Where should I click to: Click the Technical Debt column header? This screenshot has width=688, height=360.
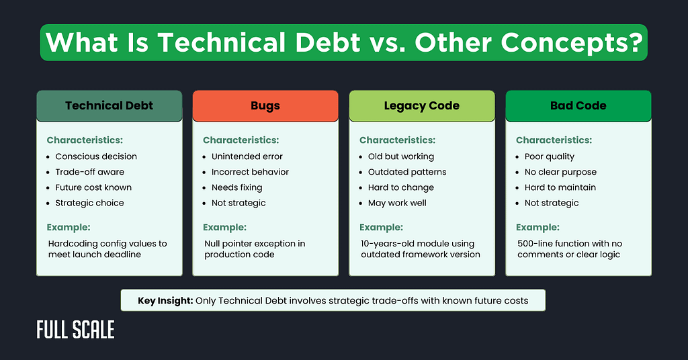(x=109, y=105)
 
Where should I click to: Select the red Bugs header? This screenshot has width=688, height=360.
(x=265, y=105)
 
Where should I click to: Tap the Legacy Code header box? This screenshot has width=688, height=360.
(x=421, y=105)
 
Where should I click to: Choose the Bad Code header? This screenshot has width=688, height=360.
(x=578, y=105)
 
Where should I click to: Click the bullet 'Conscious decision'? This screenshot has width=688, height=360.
(x=96, y=156)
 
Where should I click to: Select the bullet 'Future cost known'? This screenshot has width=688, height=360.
(x=93, y=187)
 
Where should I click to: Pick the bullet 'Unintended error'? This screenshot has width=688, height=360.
(x=247, y=156)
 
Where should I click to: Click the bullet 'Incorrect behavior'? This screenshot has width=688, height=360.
(x=250, y=172)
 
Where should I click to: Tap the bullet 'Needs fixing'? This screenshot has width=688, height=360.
(x=236, y=187)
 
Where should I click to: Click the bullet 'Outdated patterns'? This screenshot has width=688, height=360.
(x=407, y=172)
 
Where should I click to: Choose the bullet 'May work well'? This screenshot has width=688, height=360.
(x=397, y=203)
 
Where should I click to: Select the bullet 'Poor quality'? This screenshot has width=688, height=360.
(x=550, y=156)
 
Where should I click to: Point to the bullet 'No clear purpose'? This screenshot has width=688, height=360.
(x=560, y=172)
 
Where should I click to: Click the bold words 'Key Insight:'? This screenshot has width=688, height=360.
(x=165, y=300)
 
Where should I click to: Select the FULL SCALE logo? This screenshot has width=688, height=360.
(x=75, y=330)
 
